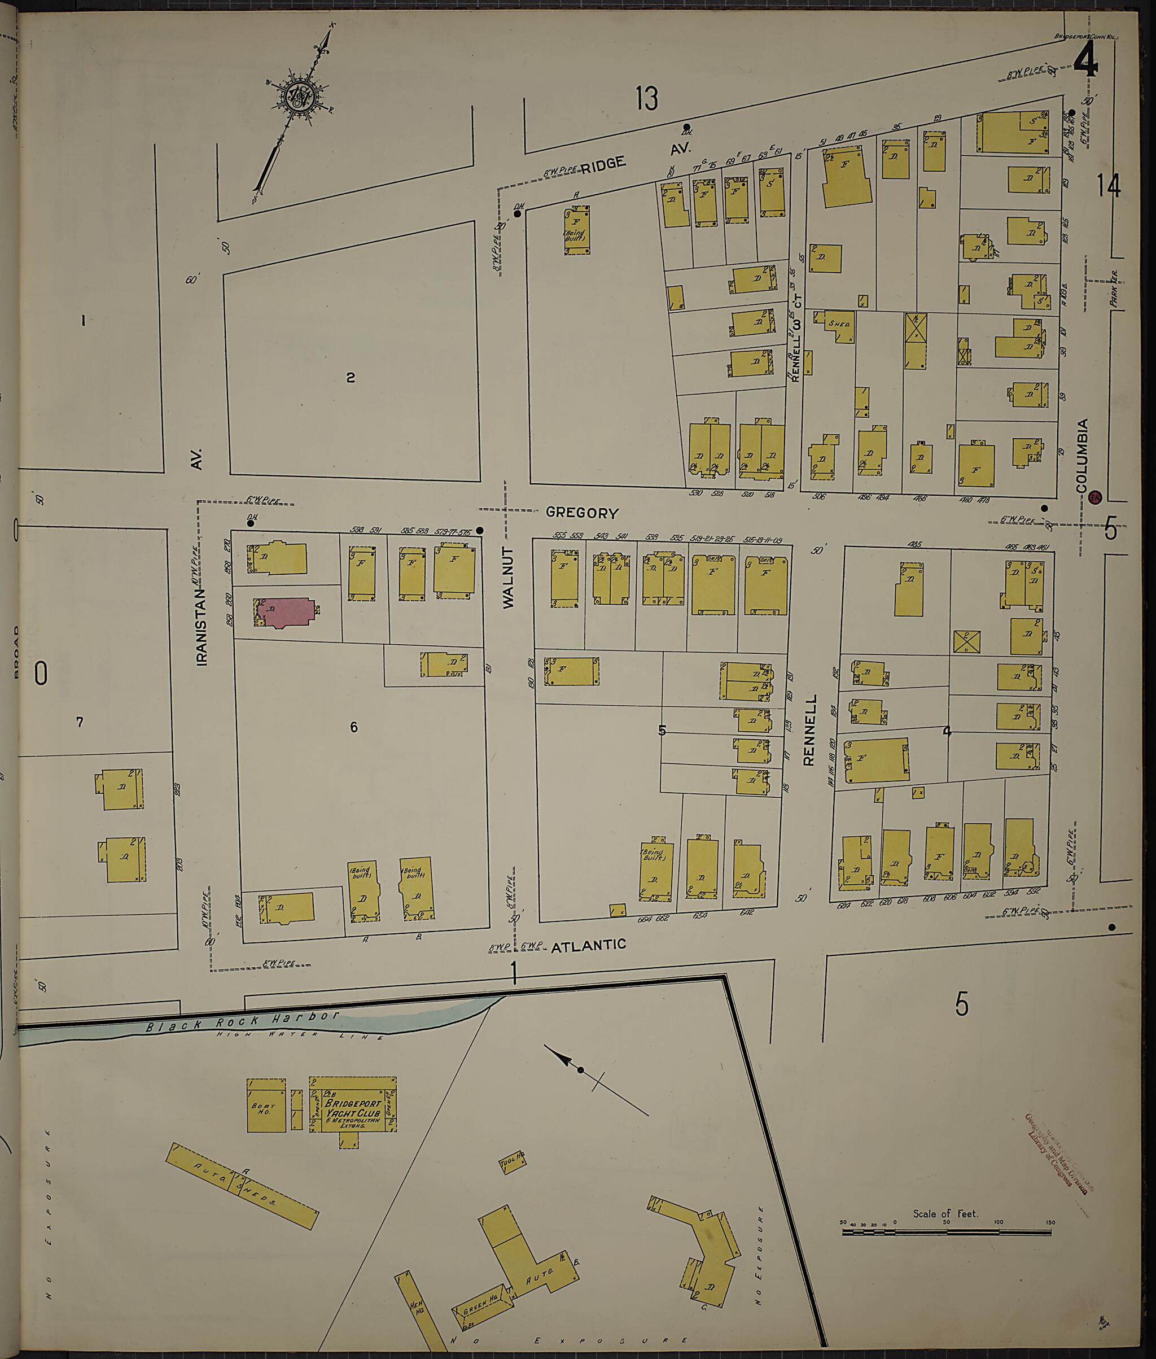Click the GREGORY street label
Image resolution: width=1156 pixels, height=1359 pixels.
582,513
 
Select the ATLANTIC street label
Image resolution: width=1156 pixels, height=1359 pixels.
589,945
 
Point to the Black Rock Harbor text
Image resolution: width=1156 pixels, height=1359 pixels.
243,1021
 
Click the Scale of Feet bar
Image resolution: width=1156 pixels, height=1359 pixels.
945,1232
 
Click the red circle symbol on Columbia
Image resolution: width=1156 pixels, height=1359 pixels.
1094,497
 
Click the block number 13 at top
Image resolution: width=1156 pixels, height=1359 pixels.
646,98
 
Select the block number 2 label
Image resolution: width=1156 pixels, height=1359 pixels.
351,378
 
